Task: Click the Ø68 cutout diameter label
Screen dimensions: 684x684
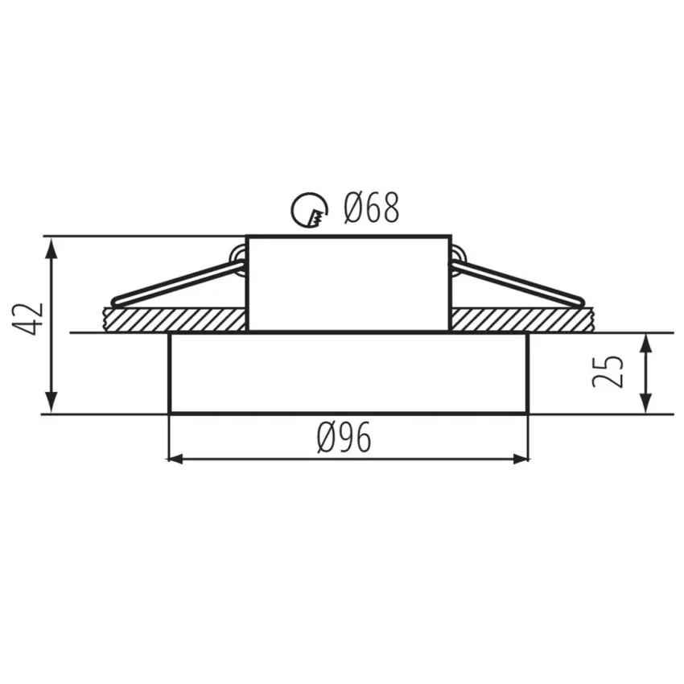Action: pyautogui.click(x=371, y=209)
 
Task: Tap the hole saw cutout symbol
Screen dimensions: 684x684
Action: pyautogui.click(x=309, y=210)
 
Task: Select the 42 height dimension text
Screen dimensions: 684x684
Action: pyautogui.click(x=31, y=319)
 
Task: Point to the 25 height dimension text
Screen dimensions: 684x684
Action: pyautogui.click(x=608, y=371)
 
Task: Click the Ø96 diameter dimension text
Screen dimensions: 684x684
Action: pyautogui.click(x=344, y=439)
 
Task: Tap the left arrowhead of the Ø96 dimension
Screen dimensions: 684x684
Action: pyautogui.click(x=171, y=459)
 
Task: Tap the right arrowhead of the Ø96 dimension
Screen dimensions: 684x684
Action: pyautogui.click(x=522, y=459)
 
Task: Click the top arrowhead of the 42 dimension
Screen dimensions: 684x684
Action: pyautogui.click(x=52, y=244)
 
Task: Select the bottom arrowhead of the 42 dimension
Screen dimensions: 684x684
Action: pyautogui.click(x=52, y=406)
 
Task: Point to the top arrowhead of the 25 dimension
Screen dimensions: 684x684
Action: pyautogui.click(x=645, y=341)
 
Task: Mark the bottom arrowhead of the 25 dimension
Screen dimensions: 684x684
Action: pyautogui.click(x=645, y=406)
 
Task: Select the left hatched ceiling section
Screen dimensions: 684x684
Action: pyautogui.click(x=173, y=319)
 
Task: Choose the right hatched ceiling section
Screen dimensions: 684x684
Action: pyautogui.click(x=520, y=319)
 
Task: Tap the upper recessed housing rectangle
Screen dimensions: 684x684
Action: pyautogui.click(x=348, y=283)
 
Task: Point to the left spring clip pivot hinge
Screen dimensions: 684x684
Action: pyautogui.click(x=239, y=260)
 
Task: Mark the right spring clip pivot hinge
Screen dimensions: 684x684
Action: pyautogui.click(x=456, y=260)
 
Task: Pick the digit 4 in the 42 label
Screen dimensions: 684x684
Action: pyautogui.click(x=31, y=328)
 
